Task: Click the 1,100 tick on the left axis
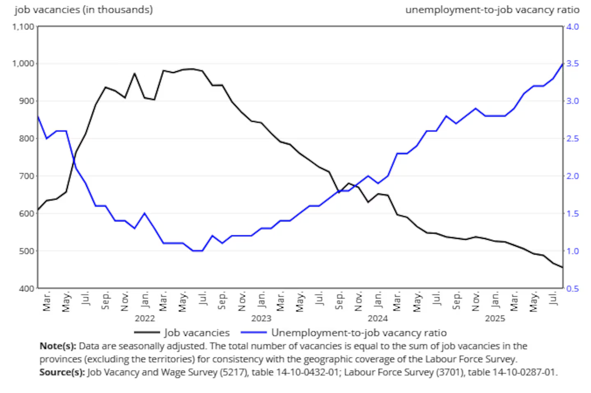click(23, 27)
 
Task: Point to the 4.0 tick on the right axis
click(573, 27)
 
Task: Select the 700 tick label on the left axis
click(26, 176)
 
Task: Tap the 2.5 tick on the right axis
click(573, 139)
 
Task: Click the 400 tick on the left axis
click(26, 289)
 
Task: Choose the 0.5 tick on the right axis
click(573, 289)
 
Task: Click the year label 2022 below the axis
click(144, 318)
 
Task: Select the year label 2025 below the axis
click(495, 318)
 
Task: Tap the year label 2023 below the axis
click(261, 318)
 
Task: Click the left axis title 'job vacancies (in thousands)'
click(84, 9)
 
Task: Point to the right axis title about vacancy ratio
click(492, 9)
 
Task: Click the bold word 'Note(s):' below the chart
click(58, 346)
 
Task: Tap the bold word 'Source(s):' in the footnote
click(62, 372)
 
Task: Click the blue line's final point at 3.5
click(562, 64)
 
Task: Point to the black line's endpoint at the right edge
click(562, 268)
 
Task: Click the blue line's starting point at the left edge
click(38, 116)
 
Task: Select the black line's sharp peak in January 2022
click(135, 73)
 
